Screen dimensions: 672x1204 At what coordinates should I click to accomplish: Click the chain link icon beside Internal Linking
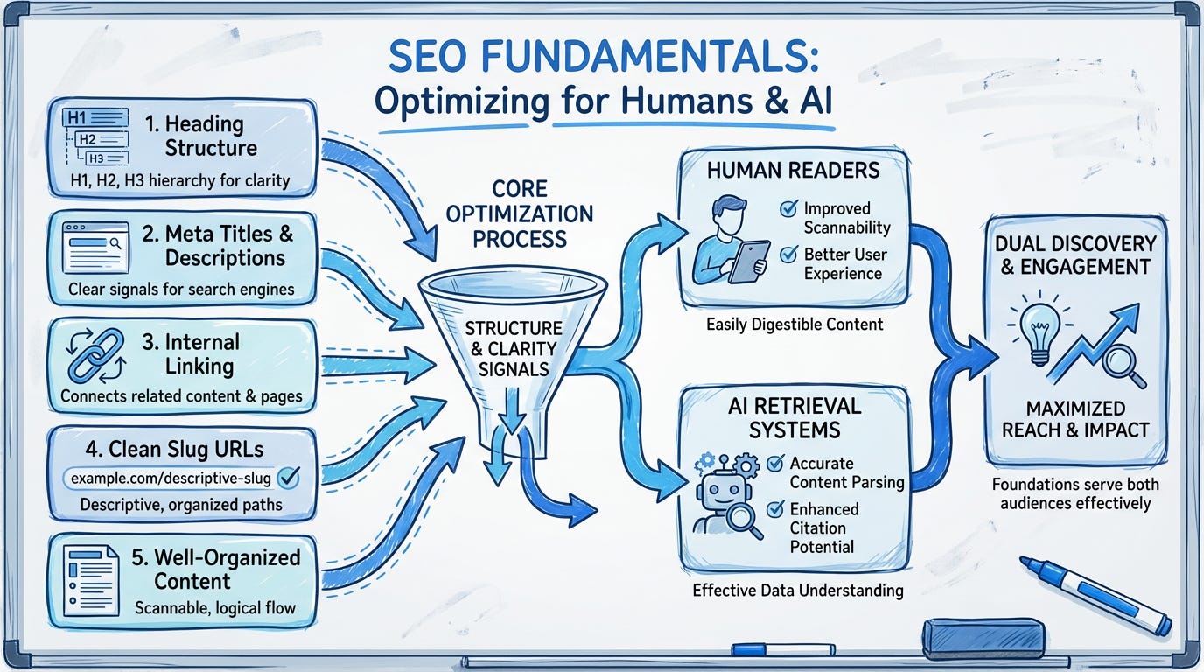[95, 354]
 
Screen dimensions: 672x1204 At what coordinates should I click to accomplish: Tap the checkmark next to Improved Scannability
[788, 209]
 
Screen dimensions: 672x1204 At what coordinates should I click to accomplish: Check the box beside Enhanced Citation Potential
[774, 509]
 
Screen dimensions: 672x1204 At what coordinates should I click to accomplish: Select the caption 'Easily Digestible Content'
[794, 325]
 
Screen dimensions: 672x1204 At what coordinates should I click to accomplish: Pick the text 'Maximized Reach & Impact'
[1075, 418]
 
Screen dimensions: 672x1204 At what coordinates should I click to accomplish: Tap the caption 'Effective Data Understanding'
[797, 590]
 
